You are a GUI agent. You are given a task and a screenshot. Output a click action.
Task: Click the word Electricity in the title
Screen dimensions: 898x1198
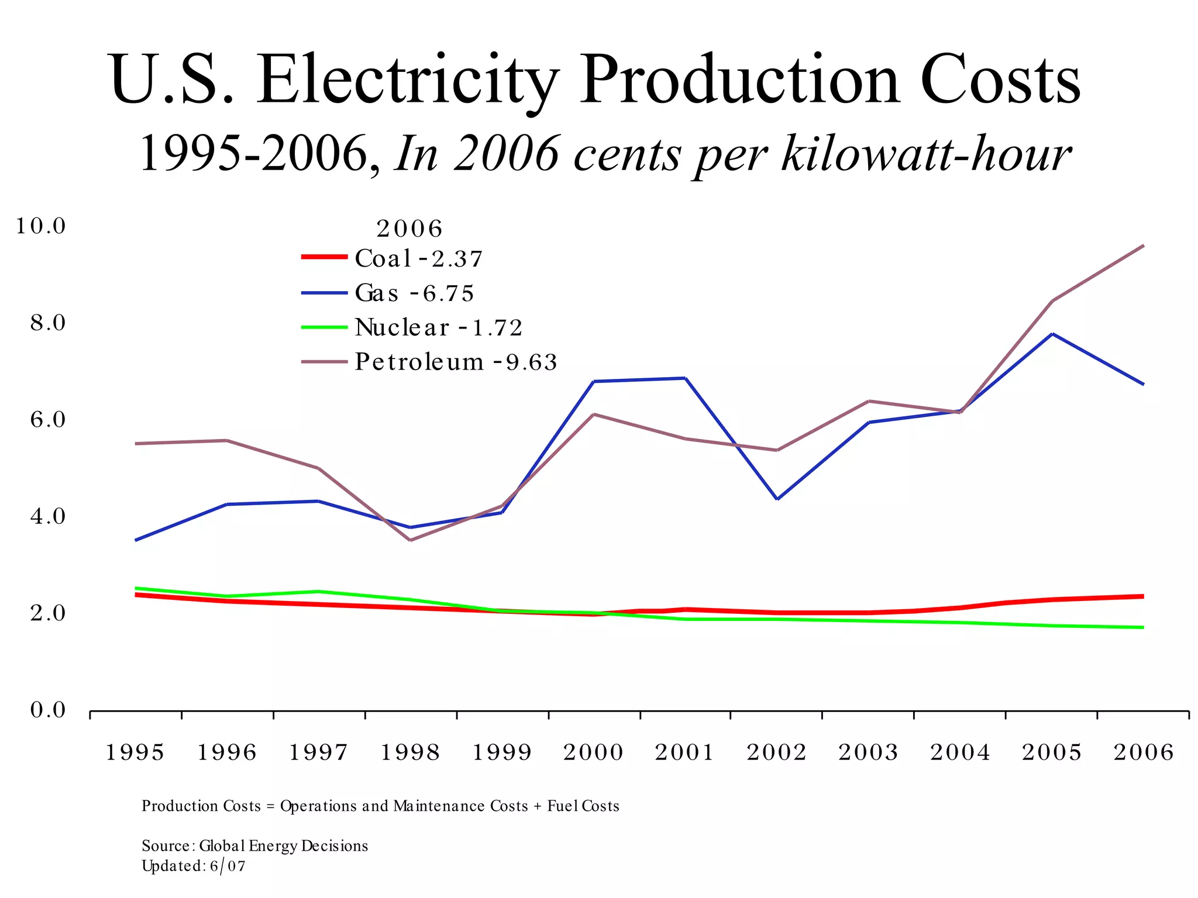coord(408,80)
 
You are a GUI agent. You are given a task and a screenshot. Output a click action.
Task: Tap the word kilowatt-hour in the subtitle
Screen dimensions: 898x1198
coord(926,154)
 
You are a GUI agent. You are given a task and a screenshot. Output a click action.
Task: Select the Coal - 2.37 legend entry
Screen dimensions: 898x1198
coord(418,258)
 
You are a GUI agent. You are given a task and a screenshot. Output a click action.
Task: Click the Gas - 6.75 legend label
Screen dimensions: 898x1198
coord(414,293)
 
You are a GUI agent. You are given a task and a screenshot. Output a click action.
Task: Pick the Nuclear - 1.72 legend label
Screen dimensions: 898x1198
coord(438,327)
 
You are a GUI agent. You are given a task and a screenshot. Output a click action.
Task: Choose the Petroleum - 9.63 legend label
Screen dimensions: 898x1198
coord(456,362)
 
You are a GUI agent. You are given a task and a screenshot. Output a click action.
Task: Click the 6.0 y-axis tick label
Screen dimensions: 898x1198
coord(48,419)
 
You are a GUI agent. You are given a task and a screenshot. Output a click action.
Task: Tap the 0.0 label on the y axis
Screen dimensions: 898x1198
coord(48,710)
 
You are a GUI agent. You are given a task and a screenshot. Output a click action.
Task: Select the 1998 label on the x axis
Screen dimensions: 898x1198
coord(410,752)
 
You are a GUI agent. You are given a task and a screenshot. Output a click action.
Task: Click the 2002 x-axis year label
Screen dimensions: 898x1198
coord(776,752)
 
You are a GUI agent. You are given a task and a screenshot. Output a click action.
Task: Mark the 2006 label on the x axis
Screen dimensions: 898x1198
coord(1143,752)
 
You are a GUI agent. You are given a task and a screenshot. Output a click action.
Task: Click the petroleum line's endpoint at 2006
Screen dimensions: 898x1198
coord(1143,246)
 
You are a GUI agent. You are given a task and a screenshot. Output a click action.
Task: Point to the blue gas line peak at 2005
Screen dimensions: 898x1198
coord(1052,334)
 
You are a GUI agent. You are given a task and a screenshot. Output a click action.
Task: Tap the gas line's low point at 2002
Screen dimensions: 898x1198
coord(777,499)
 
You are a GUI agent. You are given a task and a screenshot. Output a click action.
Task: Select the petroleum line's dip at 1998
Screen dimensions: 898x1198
coord(410,540)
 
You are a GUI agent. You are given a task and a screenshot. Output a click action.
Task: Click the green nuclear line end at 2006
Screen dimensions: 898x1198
coord(1143,627)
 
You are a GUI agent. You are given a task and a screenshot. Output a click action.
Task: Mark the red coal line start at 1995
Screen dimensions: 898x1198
coord(136,595)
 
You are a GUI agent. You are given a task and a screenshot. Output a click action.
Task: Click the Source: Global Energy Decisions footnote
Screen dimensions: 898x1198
coord(254,846)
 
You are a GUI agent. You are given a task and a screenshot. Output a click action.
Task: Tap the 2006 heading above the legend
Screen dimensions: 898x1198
coord(409,229)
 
